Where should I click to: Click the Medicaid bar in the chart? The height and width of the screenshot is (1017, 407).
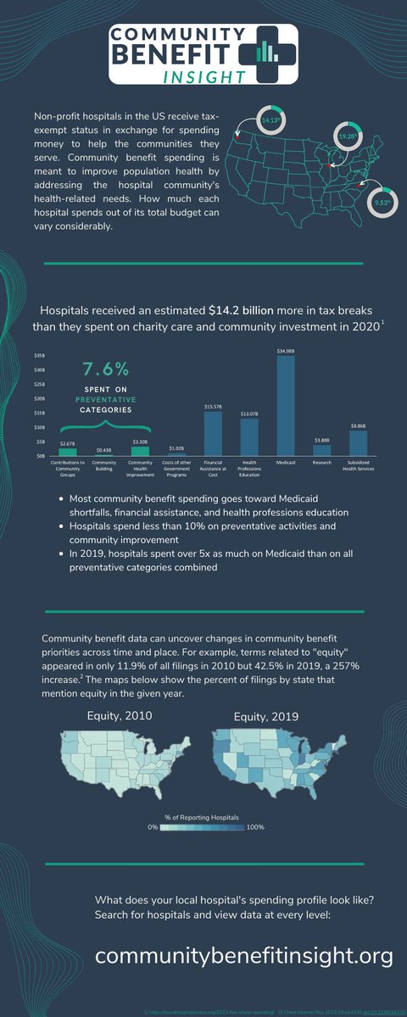click(x=286, y=407)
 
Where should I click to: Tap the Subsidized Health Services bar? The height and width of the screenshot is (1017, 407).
click(x=358, y=443)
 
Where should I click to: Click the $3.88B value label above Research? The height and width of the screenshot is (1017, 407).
click(x=321, y=440)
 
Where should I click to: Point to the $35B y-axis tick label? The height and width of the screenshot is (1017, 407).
click(x=39, y=356)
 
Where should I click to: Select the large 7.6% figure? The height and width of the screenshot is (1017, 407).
click(x=106, y=370)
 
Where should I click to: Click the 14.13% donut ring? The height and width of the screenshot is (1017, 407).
click(x=247, y=120)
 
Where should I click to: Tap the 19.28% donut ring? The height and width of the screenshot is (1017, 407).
click(x=348, y=135)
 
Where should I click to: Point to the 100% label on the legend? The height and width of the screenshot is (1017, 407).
click(x=256, y=826)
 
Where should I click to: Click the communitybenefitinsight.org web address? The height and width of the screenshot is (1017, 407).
click(x=244, y=956)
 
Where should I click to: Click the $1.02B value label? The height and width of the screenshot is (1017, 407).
click(x=176, y=448)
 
